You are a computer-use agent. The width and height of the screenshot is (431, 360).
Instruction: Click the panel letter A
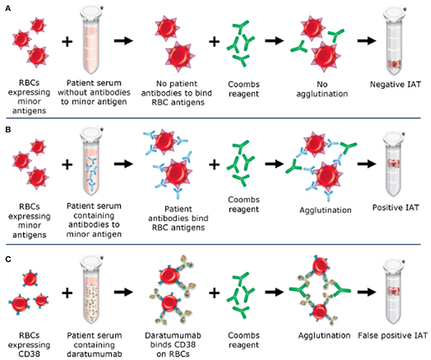[7, 9]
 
